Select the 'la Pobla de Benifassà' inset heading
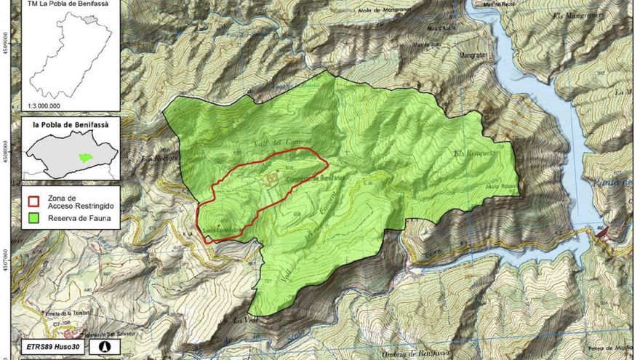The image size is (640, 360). tap(71, 124)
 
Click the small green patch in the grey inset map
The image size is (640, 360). tap(85, 156)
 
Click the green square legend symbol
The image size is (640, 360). tap(33, 217)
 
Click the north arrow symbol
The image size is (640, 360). tap(105, 347)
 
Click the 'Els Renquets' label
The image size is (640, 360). tap(474, 154)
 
